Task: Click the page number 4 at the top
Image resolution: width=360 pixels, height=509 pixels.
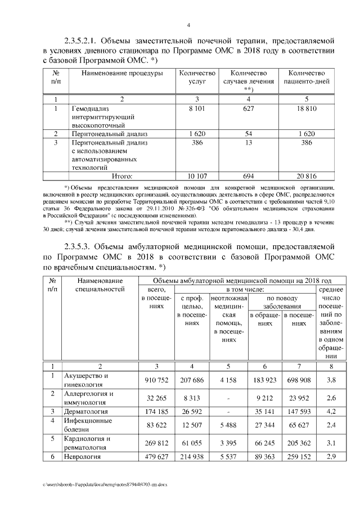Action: pyautogui.click(x=188, y=25)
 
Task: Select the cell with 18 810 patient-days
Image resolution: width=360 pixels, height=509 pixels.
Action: pyautogui.click(x=306, y=107)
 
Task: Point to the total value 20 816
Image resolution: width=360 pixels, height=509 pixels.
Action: pyautogui.click(x=306, y=176)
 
